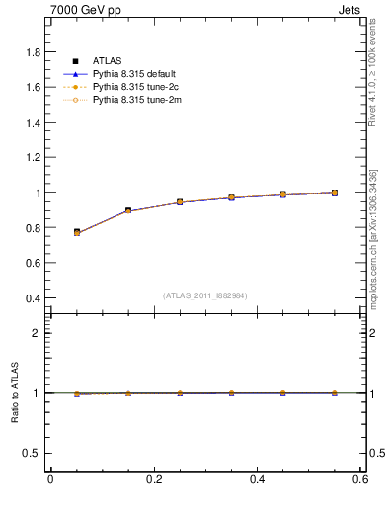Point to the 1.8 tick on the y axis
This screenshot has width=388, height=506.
click(x=34, y=52)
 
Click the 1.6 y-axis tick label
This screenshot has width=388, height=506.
click(x=34, y=88)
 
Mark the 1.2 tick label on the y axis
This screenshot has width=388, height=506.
click(x=34, y=158)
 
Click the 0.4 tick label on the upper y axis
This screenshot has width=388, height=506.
click(x=34, y=298)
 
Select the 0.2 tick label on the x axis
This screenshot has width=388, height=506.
click(x=153, y=479)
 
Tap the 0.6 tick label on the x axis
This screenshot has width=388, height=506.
click(x=360, y=479)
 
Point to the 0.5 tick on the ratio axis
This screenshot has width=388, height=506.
click(x=35, y=453)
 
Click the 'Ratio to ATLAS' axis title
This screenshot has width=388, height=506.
click(x=15, y=393)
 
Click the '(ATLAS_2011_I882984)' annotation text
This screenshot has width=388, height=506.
click(x=205, y=295)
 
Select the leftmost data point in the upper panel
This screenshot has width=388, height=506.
click(x=76, y=232)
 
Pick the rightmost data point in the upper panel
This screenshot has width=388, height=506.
click(x=335, y=193)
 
